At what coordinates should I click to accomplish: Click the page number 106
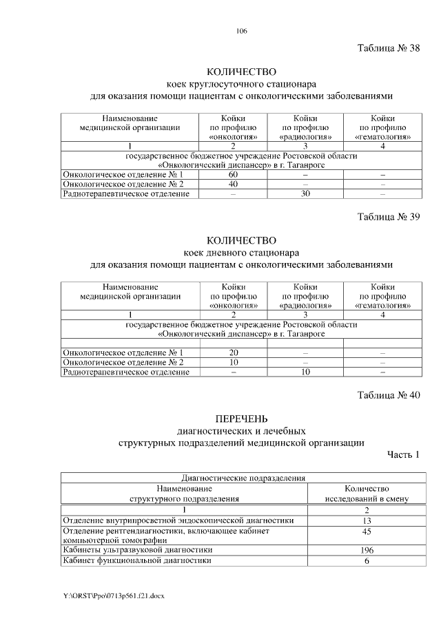241,31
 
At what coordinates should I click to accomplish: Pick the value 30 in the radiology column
305,194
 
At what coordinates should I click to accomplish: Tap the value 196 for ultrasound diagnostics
367,551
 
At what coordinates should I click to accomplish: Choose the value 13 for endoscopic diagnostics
367,520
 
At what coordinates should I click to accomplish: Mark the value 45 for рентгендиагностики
367,531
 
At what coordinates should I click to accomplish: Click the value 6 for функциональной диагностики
367,561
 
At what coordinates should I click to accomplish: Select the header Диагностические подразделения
243,477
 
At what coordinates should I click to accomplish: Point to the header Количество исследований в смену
367,493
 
